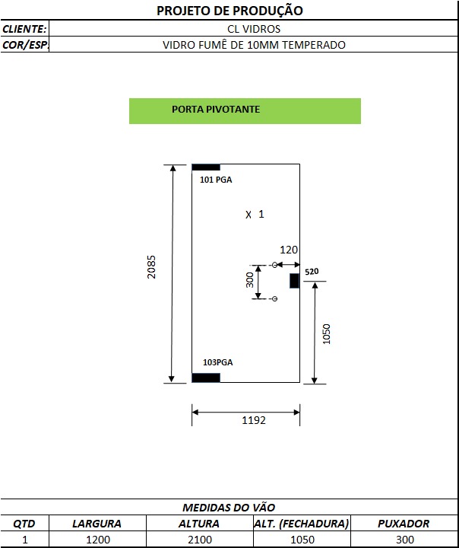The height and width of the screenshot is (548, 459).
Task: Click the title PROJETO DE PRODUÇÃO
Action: tap(230, 11)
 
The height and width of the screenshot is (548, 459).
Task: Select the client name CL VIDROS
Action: tap(254, 29)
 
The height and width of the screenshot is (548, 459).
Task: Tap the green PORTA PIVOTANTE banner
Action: tap(245, 111)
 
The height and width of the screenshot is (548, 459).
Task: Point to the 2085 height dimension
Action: tap(151, 266)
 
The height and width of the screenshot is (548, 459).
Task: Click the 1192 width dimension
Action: tap(254, 419)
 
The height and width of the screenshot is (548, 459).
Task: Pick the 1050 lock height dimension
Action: tap(326, 334)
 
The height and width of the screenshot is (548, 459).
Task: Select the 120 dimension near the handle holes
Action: tap(289, 250)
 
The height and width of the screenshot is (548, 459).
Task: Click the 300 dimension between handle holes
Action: tap(249, 280)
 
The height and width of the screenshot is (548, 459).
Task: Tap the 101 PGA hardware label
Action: tap(216, 180)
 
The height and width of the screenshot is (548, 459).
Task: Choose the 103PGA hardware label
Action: tap(218, 362)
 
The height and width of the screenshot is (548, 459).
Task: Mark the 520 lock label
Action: tap(312, 272)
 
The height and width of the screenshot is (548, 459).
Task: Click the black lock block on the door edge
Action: tap(294, 281)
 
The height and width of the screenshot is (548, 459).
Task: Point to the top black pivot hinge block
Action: tap(206, 167)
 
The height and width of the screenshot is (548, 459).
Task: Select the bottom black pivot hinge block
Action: tap(206, 378)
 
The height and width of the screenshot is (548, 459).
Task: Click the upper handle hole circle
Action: tap(274, 265)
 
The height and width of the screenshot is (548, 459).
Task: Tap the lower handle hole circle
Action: tap(274, 298)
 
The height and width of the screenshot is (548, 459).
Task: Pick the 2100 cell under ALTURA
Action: tap(200, 540)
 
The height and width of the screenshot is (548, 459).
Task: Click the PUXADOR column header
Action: tap(404, 524)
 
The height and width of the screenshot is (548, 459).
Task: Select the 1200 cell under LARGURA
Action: tap(98, 540)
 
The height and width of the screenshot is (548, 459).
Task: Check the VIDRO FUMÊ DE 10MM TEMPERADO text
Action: tap(254, 45)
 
